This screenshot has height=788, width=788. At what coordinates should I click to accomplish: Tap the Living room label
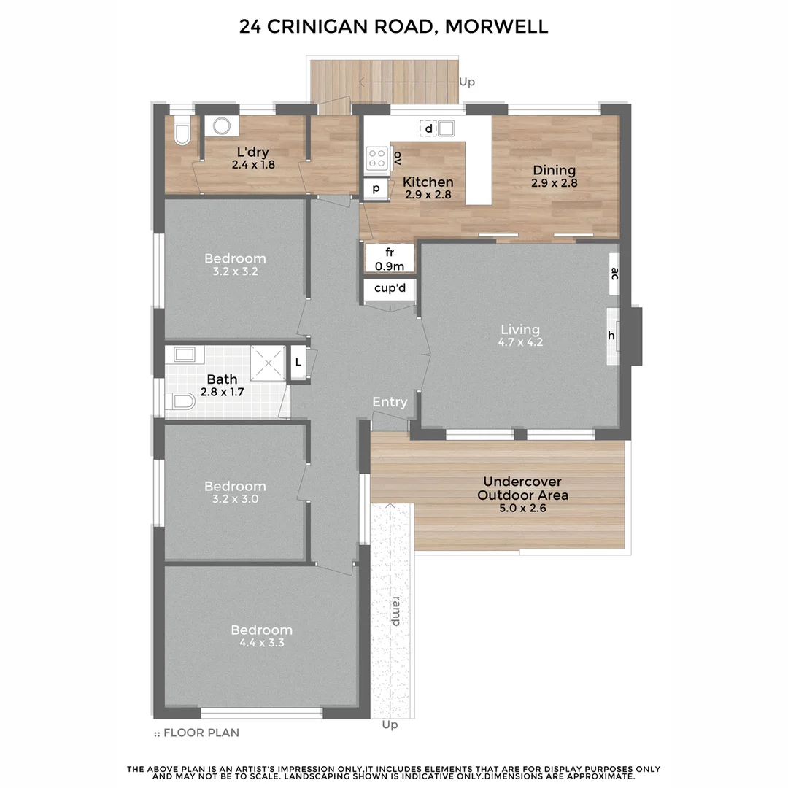tap(519, 329)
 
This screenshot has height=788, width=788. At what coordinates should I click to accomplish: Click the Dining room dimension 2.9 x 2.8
tap(555, 184)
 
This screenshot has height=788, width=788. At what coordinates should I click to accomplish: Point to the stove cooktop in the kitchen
tap(376, 158)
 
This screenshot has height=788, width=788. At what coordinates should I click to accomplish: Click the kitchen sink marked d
tap(446, 129)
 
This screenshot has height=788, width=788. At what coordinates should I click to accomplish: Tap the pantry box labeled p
tap(376, 188)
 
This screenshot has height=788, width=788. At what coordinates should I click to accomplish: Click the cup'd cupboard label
tap(390, 288)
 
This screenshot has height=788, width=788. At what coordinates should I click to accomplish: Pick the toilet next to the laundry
tap(182, 132)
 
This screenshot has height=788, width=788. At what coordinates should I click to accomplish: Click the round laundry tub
tap(220, 126)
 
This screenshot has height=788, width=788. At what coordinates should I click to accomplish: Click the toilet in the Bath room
tap(180, 402)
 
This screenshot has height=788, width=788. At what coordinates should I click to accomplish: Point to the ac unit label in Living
tap(614, 274)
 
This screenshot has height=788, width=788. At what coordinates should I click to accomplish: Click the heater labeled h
tap(611, 335)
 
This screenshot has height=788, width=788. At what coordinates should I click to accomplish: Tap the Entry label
tap(390, 402)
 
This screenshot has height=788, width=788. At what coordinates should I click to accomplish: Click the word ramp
tap(395, 611)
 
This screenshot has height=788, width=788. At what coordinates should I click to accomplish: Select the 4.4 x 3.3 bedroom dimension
tap(261, 643)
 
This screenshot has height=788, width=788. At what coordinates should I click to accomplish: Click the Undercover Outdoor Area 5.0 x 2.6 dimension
tap(522, 509)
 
